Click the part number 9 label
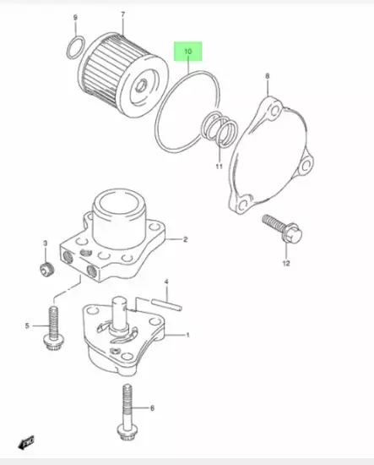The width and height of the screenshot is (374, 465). point(75,18)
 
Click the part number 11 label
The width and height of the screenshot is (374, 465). point(220,167)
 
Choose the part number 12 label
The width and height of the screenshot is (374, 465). point(285,264)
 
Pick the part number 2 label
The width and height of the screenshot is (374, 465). point(186,240)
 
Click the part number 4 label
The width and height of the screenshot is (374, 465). point(166,282)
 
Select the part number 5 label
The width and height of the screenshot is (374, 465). point(27,325)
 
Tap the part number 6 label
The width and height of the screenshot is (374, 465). point(152,408)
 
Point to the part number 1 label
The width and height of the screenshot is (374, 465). point(187,336)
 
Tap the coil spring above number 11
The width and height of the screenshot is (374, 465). point(221,131)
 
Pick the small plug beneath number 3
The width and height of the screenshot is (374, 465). point(45,270)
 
